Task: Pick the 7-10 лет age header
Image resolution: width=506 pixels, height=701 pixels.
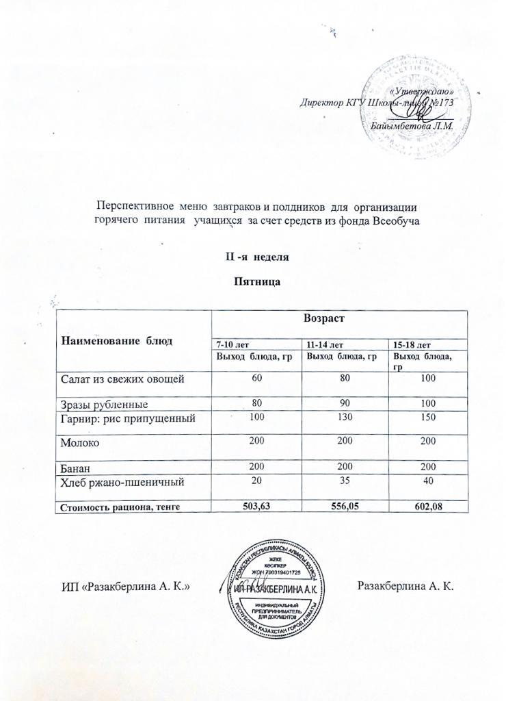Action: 232,344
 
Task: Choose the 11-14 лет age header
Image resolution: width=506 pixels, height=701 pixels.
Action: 323,344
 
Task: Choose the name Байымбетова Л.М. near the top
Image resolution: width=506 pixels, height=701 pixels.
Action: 405,125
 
